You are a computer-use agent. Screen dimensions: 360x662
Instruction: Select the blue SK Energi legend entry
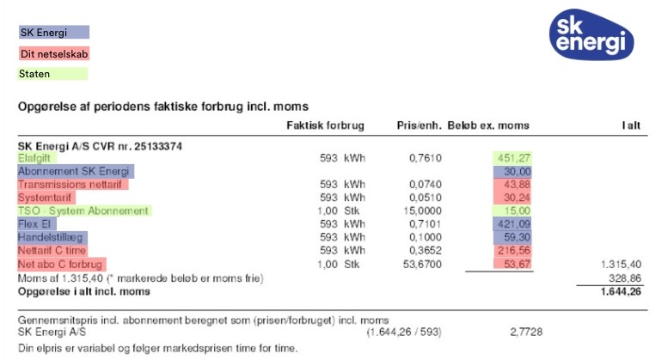pyautogui.click(x=53, y=33)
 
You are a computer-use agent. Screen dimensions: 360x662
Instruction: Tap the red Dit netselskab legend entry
pyautogui.click(x=53, y=53)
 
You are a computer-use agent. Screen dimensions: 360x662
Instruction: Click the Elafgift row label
pyautogui.click(x=35, y=158)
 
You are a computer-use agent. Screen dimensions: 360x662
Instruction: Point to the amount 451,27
pyautogui.click(x=512, y=158)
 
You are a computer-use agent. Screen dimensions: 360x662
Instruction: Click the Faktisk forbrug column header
pyautogui.click(x=325, y=125)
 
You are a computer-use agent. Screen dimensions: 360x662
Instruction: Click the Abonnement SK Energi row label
pyautogui.click(x=73, y=171)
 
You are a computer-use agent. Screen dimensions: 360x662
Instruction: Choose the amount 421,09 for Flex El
pyautogui.click(x=512, y=224)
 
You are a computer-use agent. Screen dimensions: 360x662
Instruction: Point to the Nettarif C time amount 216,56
pyautogui.click(x=512, y=250)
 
